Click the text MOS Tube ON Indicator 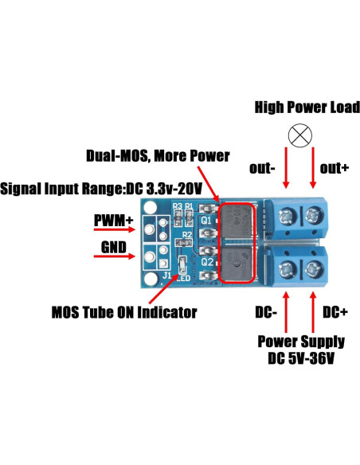[123, 312]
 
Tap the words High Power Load [306, 107]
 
